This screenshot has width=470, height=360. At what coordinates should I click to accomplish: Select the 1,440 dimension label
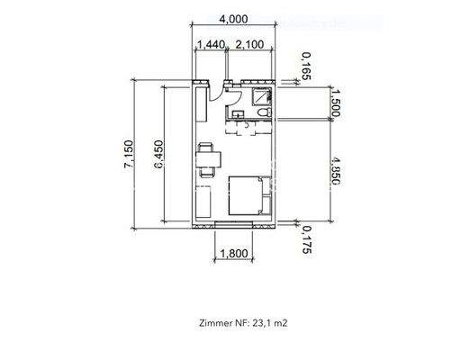209,43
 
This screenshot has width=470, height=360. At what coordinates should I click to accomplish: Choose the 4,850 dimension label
334,168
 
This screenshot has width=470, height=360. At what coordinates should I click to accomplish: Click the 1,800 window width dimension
234,255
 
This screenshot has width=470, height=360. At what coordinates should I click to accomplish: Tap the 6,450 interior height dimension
159,154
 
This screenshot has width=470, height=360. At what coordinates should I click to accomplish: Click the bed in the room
247,193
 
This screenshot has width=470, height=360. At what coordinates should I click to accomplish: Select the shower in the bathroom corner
264,95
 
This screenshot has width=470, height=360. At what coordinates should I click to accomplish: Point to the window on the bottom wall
234,221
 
